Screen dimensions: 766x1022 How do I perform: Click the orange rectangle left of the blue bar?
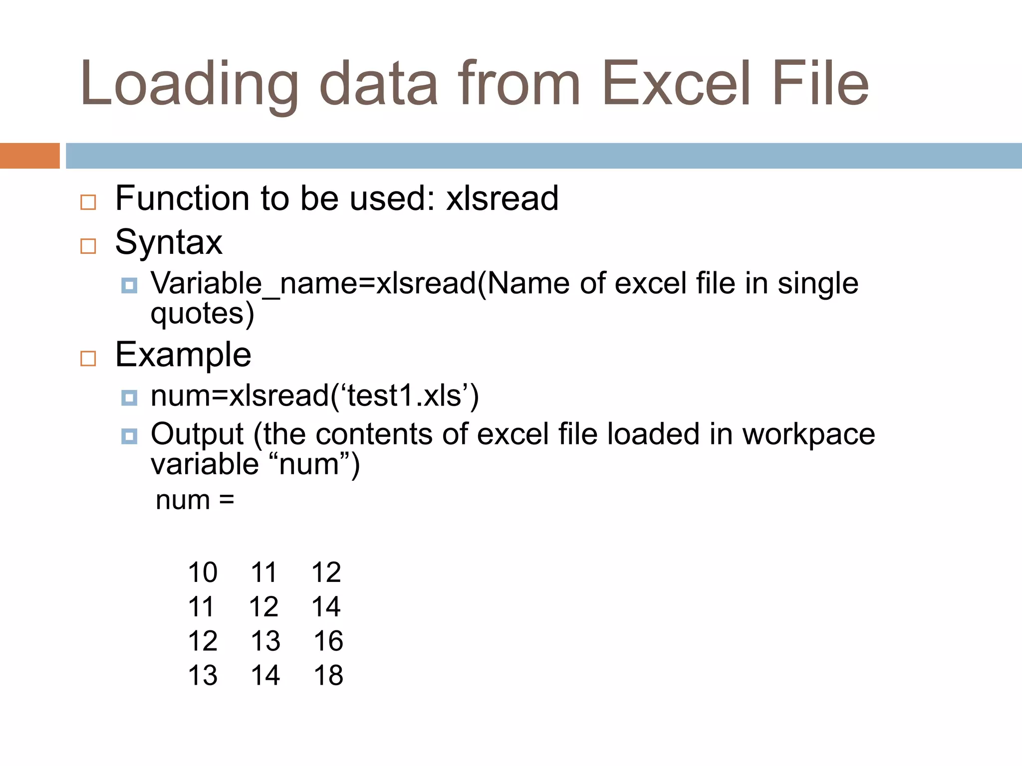29,156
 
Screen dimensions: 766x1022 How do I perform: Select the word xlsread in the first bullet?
502,198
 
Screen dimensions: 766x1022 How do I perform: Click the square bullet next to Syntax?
88,246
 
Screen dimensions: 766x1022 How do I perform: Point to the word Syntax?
169,243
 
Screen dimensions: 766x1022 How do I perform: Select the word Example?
183,355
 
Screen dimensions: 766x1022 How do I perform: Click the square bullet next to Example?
88,358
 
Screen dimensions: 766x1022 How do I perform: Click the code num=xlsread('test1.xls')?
314,396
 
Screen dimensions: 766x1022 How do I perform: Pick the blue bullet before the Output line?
129,436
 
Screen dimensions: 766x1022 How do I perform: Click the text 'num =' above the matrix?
195,500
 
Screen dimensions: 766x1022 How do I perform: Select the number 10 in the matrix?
203,573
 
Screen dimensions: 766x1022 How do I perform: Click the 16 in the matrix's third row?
328,641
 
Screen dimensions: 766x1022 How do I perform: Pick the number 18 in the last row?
328,676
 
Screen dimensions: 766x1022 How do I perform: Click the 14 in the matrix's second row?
326,607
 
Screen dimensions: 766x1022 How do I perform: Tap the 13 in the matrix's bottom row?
203,676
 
